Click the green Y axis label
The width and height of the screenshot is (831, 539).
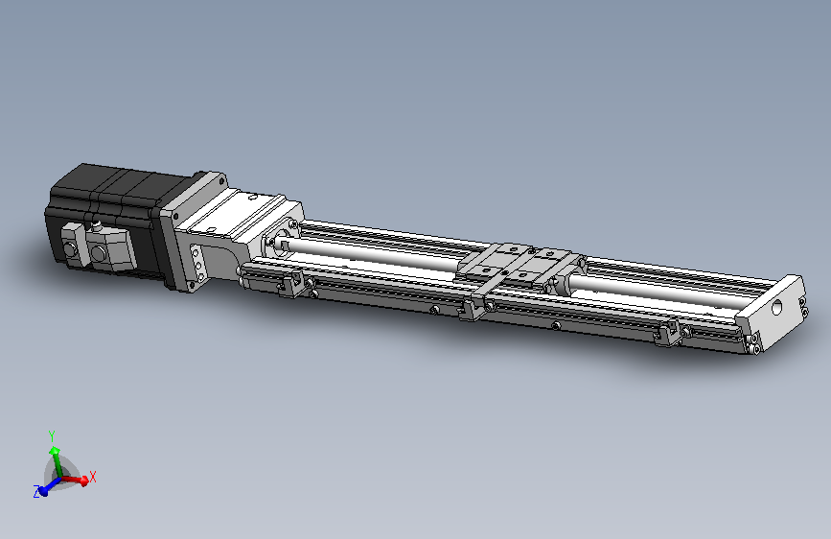coord(52,436)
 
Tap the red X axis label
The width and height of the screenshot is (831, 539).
coord(93,477)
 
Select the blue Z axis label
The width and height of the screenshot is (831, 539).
coord(36,491)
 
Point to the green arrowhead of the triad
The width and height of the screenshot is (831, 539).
coord(54,452)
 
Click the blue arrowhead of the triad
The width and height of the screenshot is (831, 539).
coord(44,492)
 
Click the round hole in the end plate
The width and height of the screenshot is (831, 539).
coord(776,307)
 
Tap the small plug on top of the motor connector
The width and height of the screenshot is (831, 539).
coord(97,227)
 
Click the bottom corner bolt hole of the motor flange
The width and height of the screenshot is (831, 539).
coord(192,286)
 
